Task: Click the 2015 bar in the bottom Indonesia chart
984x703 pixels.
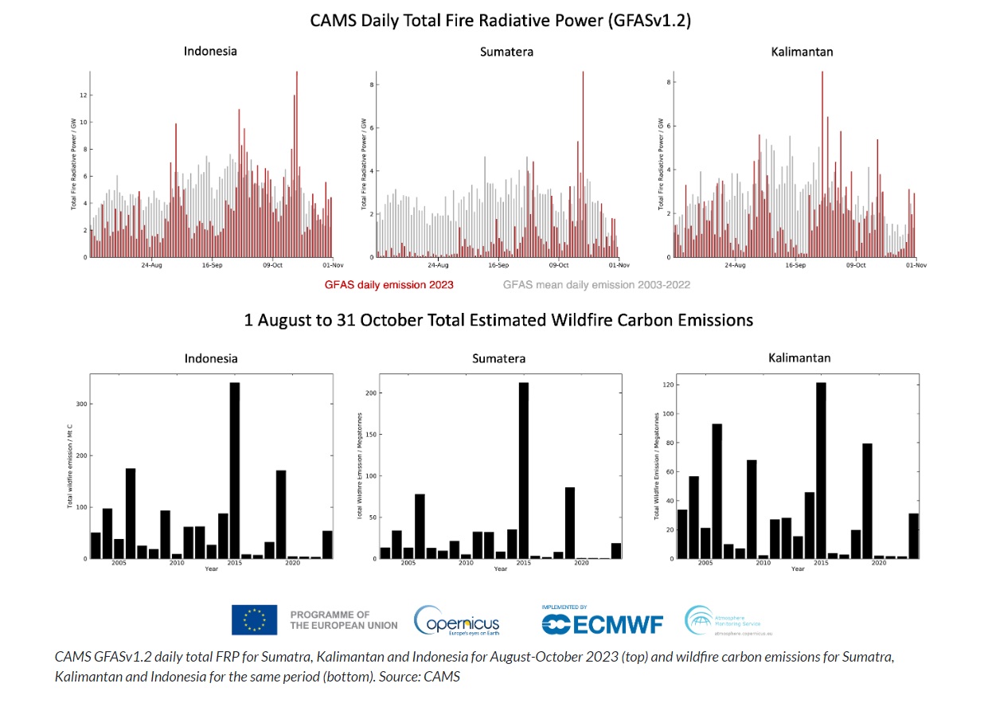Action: click(235, 470)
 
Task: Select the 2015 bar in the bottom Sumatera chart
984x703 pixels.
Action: click(524, 470)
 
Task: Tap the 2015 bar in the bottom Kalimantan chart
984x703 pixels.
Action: click(821, 470)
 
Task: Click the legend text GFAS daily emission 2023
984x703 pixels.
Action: click(389, 284)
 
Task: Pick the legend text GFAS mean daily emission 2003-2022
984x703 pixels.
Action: click(596, 284)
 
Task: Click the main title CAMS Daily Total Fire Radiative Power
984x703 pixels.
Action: click(500, 21)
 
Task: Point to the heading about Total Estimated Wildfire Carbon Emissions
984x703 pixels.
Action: click(498, 320)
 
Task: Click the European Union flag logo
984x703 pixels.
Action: click(254, 620)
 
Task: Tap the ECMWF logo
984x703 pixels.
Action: click(602, 622)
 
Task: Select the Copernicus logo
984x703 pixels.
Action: click(456, 620)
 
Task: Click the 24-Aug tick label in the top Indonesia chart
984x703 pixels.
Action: click(152, 265)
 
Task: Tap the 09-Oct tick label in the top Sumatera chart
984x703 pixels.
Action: click(558, 265)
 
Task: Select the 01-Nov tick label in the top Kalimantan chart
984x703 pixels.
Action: click(914, 265)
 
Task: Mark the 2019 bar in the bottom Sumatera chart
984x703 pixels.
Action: click(570, 522)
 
